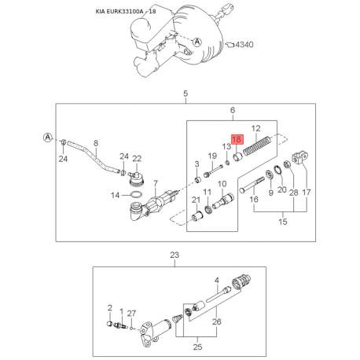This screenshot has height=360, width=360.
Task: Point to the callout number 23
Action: [x=175, y=254]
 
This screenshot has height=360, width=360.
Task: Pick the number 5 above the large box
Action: [x=186, y=94]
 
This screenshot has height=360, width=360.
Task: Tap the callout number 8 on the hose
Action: [x=95, y=143]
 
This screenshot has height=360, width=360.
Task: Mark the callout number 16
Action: [x=254, y=200]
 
